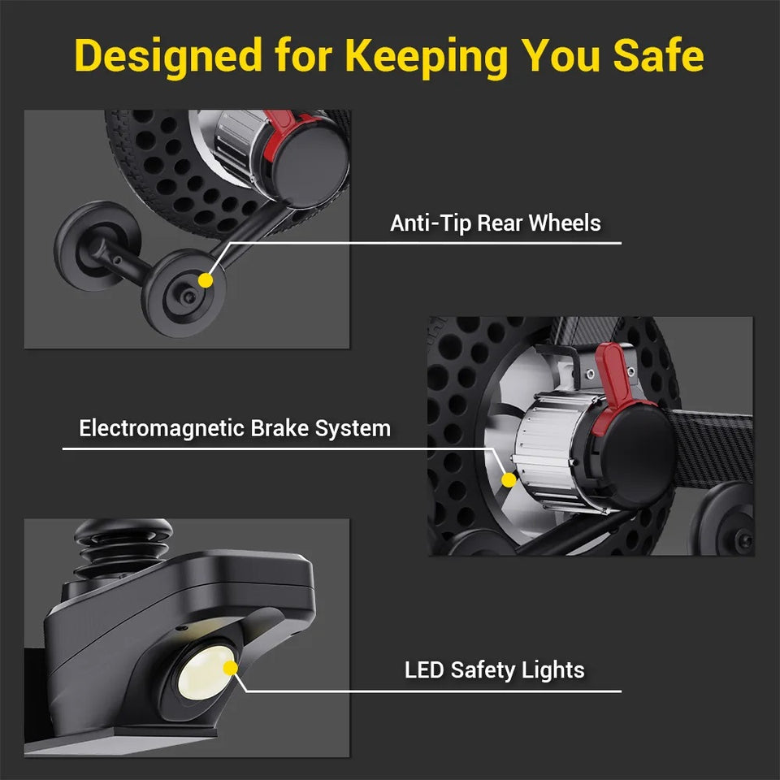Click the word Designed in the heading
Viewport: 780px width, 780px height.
pyautogui.click(x=168, y=57)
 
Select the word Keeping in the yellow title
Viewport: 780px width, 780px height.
pyautogui.click(x=427, y=57)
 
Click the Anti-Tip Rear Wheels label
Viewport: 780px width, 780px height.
pyautogui.click(x=496, y=223)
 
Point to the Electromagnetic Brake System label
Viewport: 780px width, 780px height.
pyautogui.click(x=235, y=428)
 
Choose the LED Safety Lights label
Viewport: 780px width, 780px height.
pyautogui.click(x=495, y=670)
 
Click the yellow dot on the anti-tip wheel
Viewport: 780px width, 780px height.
pyautogui.click(x=206, y=280)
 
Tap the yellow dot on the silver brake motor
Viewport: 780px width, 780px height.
pyautogui.click(x=509, y=480)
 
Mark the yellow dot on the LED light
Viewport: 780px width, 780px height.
pyautogui.click(x=230, y=668)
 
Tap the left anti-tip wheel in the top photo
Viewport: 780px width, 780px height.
pyautogui.click(x=97, y=245)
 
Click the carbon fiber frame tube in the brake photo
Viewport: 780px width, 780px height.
pyautogui.click(x=713, y=448)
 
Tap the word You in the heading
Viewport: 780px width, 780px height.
pyautogui.click(x=561, y=55)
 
